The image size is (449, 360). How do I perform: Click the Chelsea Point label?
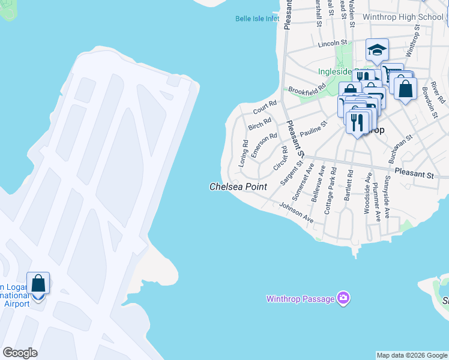pyautogui.click(x=238, y=187)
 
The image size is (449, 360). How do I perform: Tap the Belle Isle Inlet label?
pyautogui.click(x=257, y=19)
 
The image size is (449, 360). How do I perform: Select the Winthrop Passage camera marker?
pyautogui.click(x=343, y=298)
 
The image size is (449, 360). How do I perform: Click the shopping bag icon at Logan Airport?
pyautogui.click(x=38, y=283)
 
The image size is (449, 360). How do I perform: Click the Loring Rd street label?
pyautogui.click(x=244, y=153)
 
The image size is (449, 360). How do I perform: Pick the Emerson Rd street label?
pyautogui.click(x=264, y=145)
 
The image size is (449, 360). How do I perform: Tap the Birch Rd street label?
pyautogui.click(x=259, y=124)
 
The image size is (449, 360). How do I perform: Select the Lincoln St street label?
pyautogui.click(x=333, y=44)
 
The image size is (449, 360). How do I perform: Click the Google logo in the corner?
pyautogui.click(x=20, y=353)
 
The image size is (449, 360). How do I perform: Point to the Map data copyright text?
pyautogui.click(x=411, y=355)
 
